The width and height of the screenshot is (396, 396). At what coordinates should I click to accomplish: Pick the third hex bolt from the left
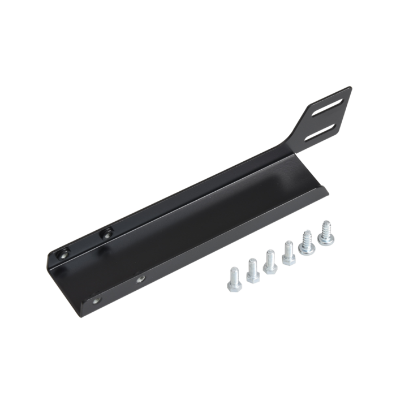(270, 261)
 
